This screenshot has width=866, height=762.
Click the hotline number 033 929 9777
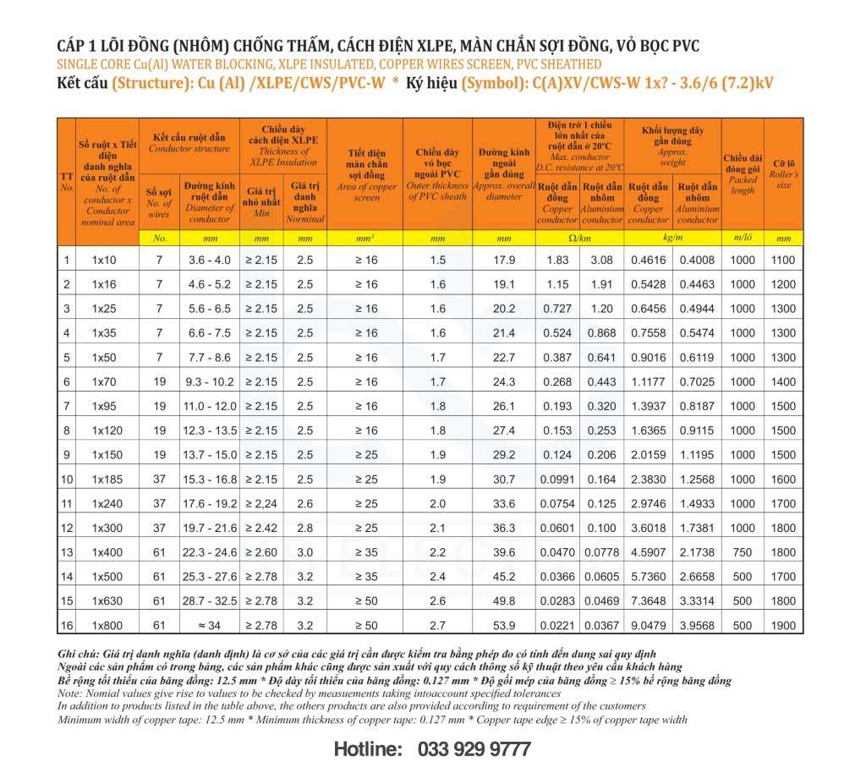coord(474,748)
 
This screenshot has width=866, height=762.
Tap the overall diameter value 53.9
coord(504,626)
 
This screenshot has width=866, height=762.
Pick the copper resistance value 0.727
coord(558,309)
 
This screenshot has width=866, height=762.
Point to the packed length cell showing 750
coord(743,553)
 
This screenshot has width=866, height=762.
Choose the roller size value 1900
coord(783,626)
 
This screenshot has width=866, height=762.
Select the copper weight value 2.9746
coord(649,504)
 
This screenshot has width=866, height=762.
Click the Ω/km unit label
coord(580,238)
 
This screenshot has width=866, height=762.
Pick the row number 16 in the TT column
coord(67,626)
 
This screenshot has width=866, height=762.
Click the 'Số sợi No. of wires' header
coord(159,202)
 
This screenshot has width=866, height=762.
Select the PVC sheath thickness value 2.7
coord(437,626)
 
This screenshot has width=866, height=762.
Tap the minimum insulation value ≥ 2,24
coord(261,504)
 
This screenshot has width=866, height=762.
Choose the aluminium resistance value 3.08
coord(602,260)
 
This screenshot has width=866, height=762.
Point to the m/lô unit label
coord(743,238)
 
